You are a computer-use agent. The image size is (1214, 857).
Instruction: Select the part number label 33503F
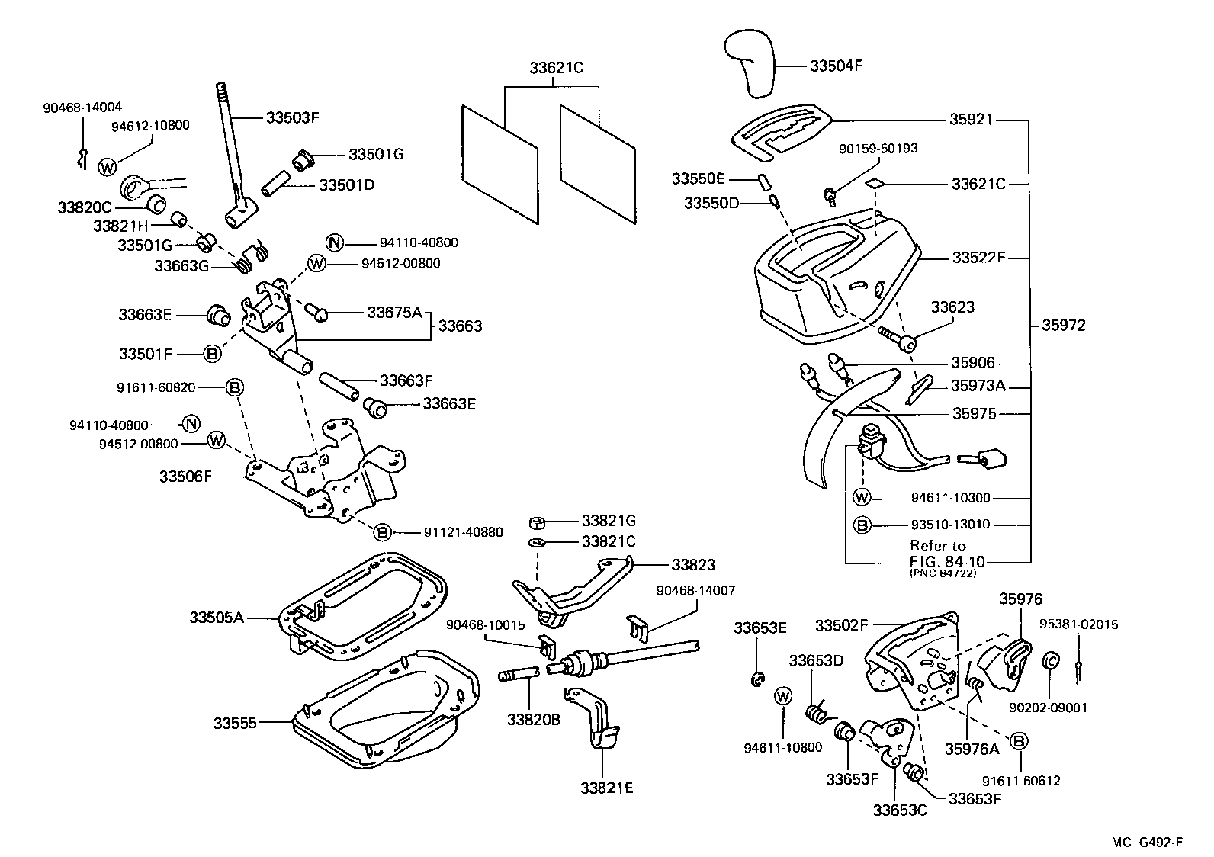[292, 117]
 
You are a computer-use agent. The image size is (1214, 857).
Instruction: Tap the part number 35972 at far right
[1063, 326]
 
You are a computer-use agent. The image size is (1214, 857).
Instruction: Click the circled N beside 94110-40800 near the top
[334, 242]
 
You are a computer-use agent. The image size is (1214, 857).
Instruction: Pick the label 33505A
[217, 617]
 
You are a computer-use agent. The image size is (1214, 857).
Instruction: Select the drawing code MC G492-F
[1146, 842]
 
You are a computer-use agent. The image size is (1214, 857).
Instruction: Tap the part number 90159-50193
[878, 149]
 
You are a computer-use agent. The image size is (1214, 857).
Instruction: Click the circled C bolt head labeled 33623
[907, 345]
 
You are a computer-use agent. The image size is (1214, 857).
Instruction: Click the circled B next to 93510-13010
[861, 525]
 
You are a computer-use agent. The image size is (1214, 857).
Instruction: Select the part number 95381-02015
[1078, 624]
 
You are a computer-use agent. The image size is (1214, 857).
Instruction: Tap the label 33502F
[842, 625]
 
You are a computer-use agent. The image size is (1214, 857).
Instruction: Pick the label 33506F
[185, 477]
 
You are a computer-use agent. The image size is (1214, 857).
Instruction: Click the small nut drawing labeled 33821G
[538, 522]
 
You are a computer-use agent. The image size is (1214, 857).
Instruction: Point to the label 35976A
[972, 749]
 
